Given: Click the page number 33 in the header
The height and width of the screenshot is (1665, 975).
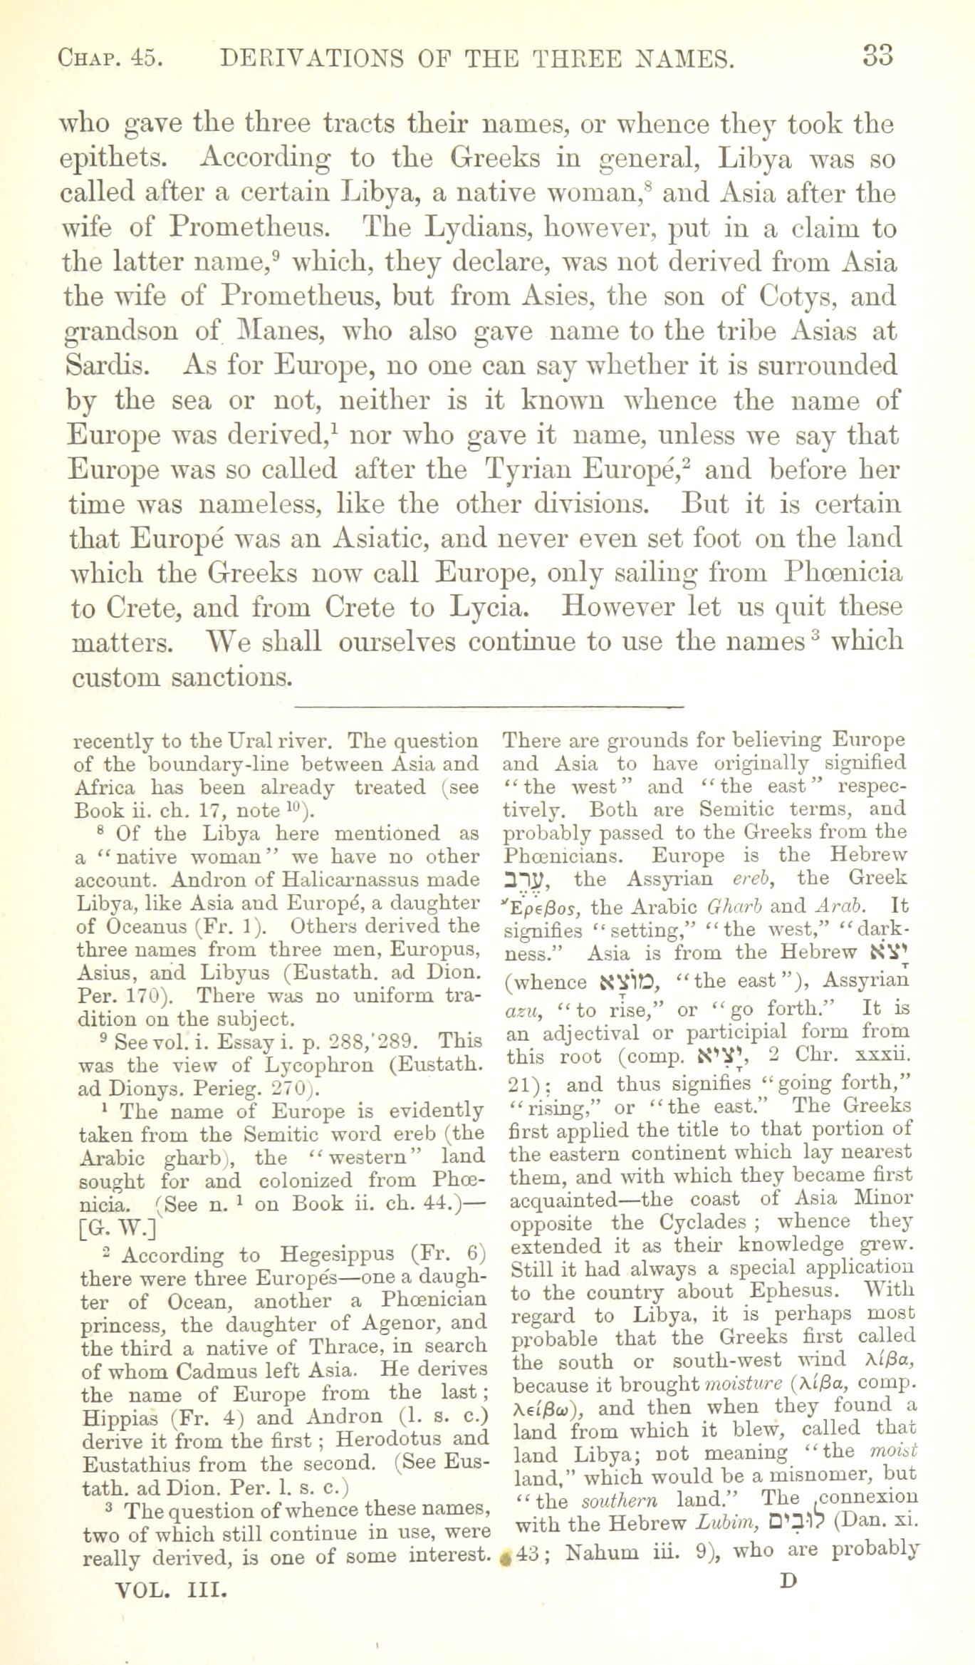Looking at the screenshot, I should point(877,56).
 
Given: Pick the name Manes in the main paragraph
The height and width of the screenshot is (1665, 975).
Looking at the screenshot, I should point(274,332).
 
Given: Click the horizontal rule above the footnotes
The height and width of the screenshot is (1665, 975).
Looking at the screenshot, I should point(488,706).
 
